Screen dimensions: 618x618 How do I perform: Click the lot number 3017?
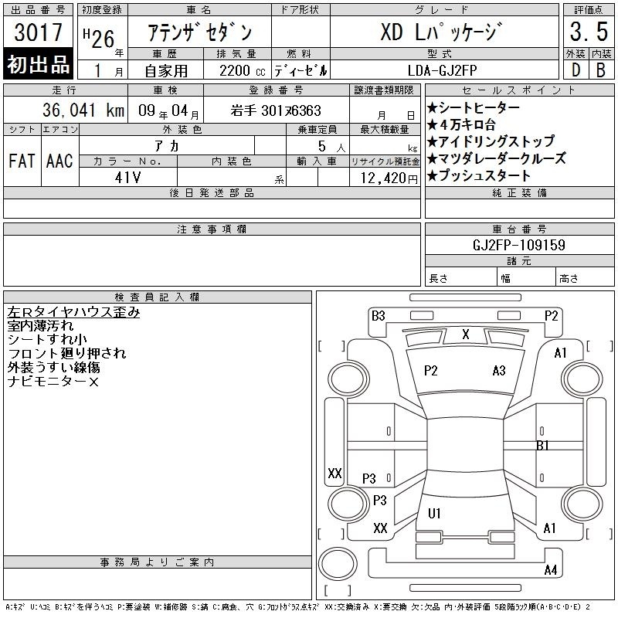(38, 32)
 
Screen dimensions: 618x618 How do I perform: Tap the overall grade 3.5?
(589, 32)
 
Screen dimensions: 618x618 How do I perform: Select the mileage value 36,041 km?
(83, 110)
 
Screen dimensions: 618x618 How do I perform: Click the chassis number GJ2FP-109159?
(519, 245)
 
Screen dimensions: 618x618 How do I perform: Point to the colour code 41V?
(127, 178)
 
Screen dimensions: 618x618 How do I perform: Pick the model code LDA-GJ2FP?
(442, 70)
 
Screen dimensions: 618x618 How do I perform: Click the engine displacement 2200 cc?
(242, 71)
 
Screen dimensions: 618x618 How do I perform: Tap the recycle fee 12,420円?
(389, 178)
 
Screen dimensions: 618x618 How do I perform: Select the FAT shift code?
(22, 161)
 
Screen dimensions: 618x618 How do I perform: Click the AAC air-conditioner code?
(59, 161)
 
